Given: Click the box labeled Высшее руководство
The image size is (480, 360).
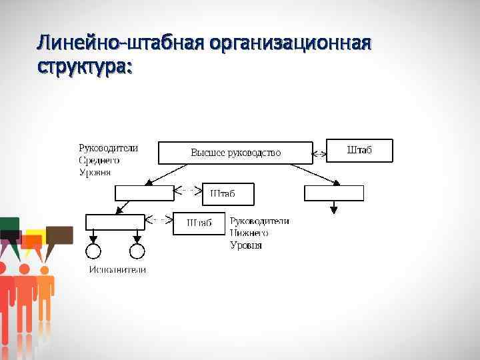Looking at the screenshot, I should pos(235,153).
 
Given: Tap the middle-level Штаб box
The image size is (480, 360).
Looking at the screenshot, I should pos(227,193).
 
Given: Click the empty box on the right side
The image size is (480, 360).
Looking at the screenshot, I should pos(334,193).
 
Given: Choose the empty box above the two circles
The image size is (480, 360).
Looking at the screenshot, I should pos(115,221).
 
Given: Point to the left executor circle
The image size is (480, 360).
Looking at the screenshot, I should pos(93,251).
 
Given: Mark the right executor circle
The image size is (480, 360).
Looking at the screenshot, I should pos(137,251).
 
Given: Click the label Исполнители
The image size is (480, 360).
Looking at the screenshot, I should pos(118,269).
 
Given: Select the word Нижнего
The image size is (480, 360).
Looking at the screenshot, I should pos(249,233).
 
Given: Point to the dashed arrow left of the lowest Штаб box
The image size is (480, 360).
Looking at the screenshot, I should pos(159,218).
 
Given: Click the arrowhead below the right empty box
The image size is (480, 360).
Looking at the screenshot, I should pos(334,209).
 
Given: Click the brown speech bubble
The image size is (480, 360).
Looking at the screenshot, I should pos(59,235).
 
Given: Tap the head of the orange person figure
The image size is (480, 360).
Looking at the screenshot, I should pos(45,269).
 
